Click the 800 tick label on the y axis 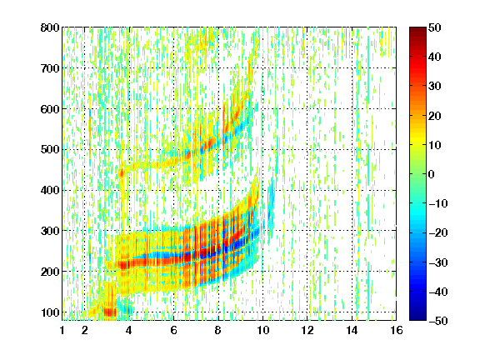pos(50,27)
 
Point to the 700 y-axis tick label pos(50,68)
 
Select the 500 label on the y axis pos(50,150)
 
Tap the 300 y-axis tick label pos(50,231)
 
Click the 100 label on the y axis pos(50,312)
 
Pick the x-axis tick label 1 pos(62,330)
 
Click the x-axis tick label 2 pos(85,330)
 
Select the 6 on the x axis pos(173,330)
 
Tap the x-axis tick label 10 pos(262,330)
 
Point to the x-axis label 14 pos(352,330)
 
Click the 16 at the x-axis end pos(396,330)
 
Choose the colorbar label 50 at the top pos(434,27)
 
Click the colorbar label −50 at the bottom pos(438,321)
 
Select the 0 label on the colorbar pos(432,174)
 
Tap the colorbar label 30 pos(434,86)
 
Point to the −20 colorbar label pos(438,232)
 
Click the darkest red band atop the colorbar pos(417,30)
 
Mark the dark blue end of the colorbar pos(417,317)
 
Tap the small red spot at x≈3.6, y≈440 pos(121,173)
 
